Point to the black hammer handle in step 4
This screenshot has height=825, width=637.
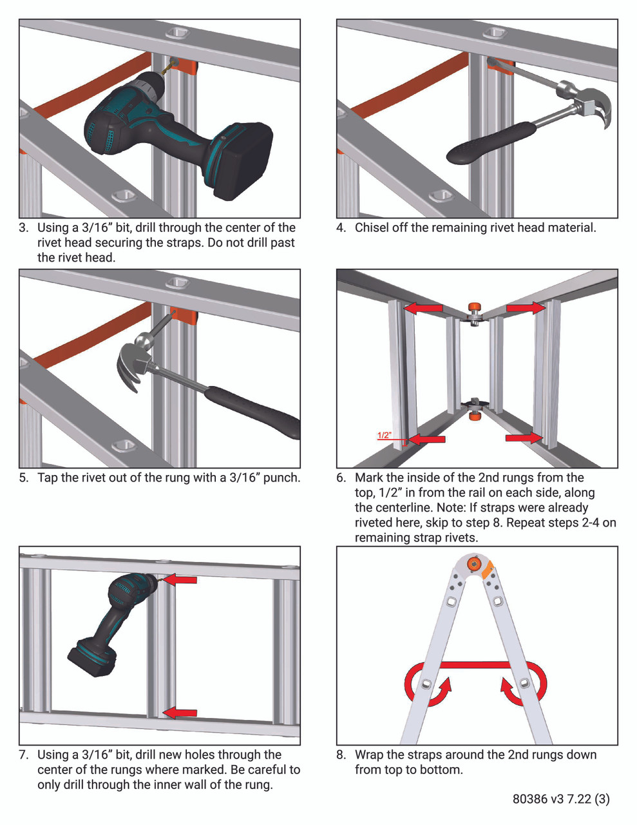tap(491, 144)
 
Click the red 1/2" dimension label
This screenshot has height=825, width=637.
tap(384, 436)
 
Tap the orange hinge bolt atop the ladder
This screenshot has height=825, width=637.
tap(475, 565)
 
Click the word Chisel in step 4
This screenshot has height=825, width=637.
tap(372, 228)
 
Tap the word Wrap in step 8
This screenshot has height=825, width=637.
tap(369, 755)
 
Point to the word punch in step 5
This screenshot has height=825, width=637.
tap(281, 478)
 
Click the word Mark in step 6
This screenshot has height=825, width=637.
tap(368, 478)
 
